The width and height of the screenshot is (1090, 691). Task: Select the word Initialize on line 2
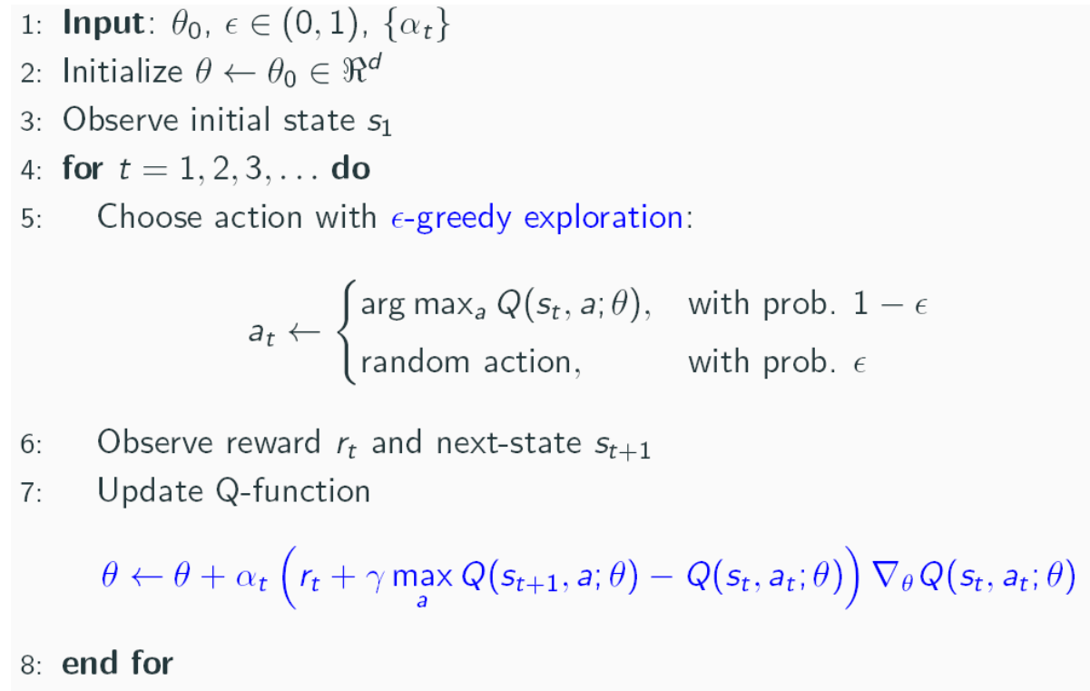pyautogui.click(x=122, y=73)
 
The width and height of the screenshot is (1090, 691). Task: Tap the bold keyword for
pyautogui.click(x=82, y=169)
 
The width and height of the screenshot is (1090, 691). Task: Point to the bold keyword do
pyautogui.click(x=349, y=169)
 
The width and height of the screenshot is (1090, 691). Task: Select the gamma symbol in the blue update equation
pyautogui.click(x=372, y=577)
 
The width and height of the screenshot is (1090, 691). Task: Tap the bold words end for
pyautogui.click(x=116, y=663)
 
